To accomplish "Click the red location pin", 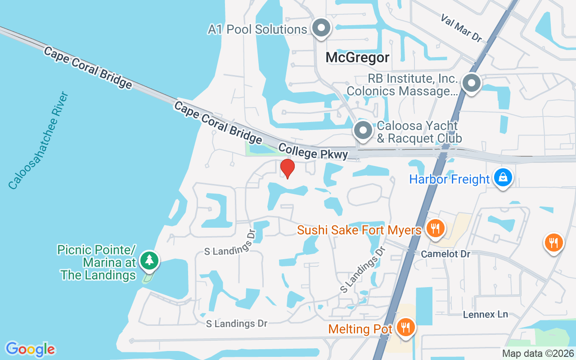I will pos(287,169).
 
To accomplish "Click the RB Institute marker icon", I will pos(471,83).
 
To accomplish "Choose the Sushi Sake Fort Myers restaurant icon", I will pos(435,229).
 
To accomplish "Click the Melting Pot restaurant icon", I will pos(406,327).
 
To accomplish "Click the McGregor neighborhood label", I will pos(357,58).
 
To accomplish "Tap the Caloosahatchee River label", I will pos(38,140).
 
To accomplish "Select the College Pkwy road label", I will pos(313,152).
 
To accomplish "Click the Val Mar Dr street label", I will pos(461,28).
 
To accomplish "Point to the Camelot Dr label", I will pos(445,254).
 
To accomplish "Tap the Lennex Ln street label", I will pos(486,314).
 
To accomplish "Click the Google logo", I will pos(30,349).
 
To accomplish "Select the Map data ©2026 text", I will pos(538,353).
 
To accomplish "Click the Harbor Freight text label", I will pos(449,179).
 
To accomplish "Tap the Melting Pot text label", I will pos(360,329).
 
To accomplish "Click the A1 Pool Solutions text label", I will pos(257,30).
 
